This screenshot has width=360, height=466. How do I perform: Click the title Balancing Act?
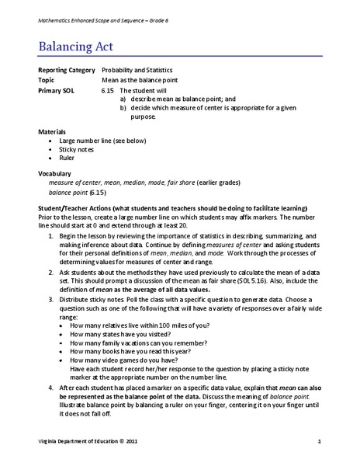pos(76,47)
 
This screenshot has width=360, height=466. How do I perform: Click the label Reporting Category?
pos(65,70)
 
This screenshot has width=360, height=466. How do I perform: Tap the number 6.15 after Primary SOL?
pos(109,90)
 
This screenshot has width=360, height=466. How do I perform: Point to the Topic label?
pos(47,80)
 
